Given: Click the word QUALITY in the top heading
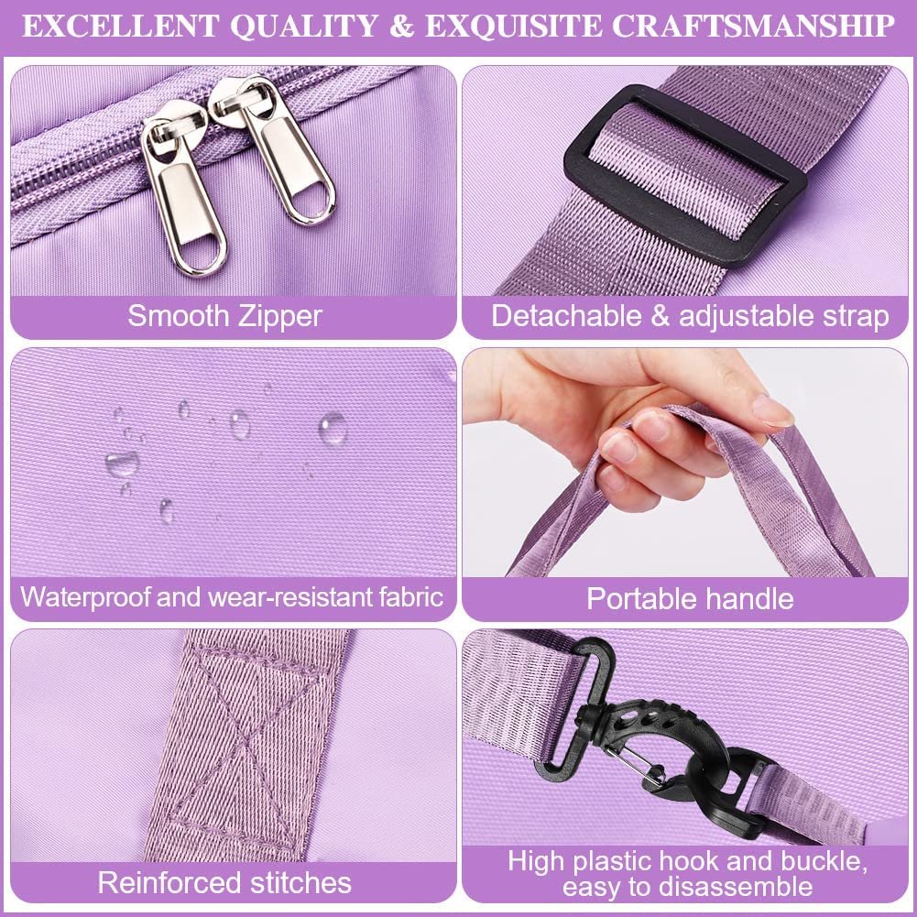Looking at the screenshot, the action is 304,27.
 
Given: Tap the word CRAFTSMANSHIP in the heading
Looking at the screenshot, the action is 753,27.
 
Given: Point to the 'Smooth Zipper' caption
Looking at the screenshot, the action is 225,316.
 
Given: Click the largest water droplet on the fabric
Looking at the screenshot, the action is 333,428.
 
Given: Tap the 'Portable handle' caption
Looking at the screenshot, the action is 690,599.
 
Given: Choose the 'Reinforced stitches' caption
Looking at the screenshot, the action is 224,883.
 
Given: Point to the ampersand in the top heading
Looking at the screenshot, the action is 402,27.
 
